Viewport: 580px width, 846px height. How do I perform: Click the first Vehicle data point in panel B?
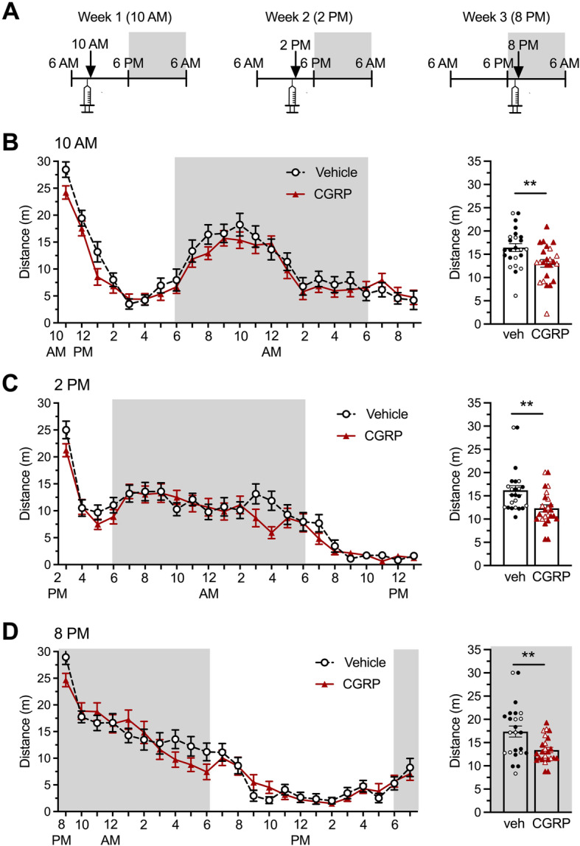tap(66, 170)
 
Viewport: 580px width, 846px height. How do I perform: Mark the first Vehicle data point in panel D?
tap(66, 657)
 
